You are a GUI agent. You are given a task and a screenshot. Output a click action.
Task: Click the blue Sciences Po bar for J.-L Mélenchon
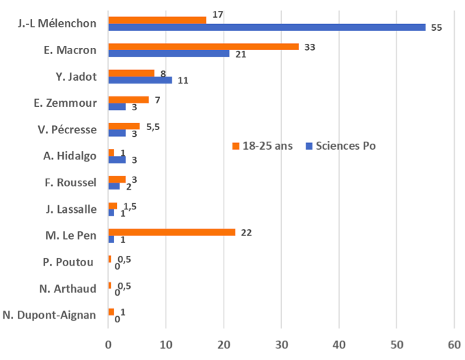(x=267, y=27)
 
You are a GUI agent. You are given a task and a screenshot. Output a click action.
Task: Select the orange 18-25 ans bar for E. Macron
(x=203, y=47)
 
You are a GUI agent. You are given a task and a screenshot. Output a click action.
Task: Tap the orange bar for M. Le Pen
(x=172, y=233)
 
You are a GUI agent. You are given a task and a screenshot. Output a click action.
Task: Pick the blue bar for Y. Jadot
(x=140, y=80)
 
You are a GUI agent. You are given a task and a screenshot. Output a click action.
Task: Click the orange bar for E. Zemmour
(x=128, y=100)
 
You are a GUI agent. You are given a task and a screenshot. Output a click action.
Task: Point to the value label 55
(x=437, y=28)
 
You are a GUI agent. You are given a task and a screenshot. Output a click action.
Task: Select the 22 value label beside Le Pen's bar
(x=248, y=233)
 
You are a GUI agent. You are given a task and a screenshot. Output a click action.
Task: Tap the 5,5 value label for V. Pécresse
(x=153, y=126)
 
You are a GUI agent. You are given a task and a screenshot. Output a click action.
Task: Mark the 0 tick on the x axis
(x=108, y=344)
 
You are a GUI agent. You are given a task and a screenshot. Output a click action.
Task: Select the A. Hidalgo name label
(x=68, y=156)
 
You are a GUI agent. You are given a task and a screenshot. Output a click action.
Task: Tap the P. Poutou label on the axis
(x=71, y=262)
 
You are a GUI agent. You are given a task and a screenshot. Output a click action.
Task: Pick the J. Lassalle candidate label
(x=69, y=209)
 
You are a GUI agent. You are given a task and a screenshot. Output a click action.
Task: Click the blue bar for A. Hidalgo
(x=116, y=159)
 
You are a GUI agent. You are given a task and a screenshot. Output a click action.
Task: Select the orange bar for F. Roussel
(x=116, y=179)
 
